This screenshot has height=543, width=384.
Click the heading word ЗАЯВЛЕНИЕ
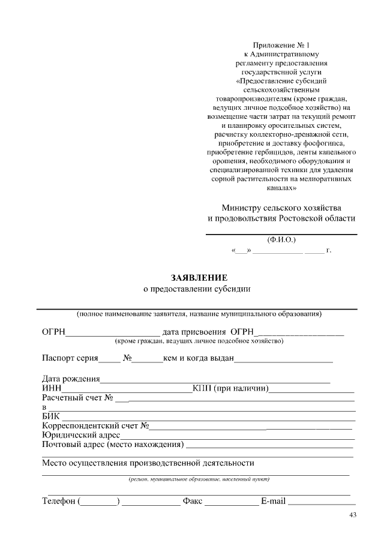(199, 278)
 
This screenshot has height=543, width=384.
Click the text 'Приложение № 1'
(281, 44)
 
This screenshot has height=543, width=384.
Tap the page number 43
(352, 515)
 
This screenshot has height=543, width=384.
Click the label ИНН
(50, 389)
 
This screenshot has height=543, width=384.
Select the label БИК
(51, 416)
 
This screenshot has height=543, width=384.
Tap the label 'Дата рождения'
(71, 379)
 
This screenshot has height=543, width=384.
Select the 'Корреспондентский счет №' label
(95, 426)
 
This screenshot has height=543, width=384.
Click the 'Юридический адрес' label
(80, 435)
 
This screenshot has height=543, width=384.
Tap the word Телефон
(59, 501)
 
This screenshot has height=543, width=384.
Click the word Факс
(193, 501)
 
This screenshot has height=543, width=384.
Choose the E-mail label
(272, 501)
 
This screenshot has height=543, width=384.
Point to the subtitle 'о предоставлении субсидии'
(197, 289)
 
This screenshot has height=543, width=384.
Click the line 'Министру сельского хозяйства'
(281, 206)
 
